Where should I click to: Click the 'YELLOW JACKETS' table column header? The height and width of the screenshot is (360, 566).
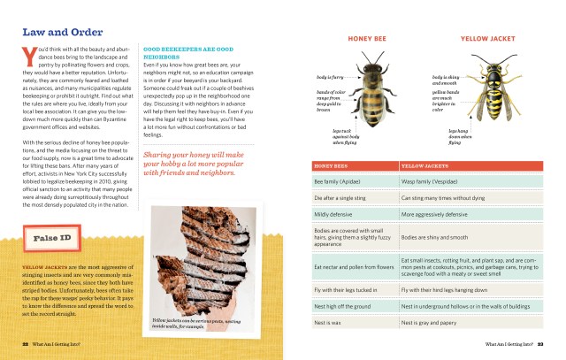(425, 165)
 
